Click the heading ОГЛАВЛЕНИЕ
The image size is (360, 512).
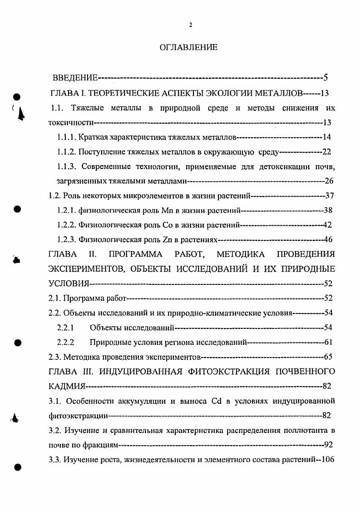tap(189, 47)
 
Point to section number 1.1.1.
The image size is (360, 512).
tap(66, 137)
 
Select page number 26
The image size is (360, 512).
tap(329, 181)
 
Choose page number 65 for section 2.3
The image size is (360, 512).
tap(329, 357)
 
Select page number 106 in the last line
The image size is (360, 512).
tap(327, 459)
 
